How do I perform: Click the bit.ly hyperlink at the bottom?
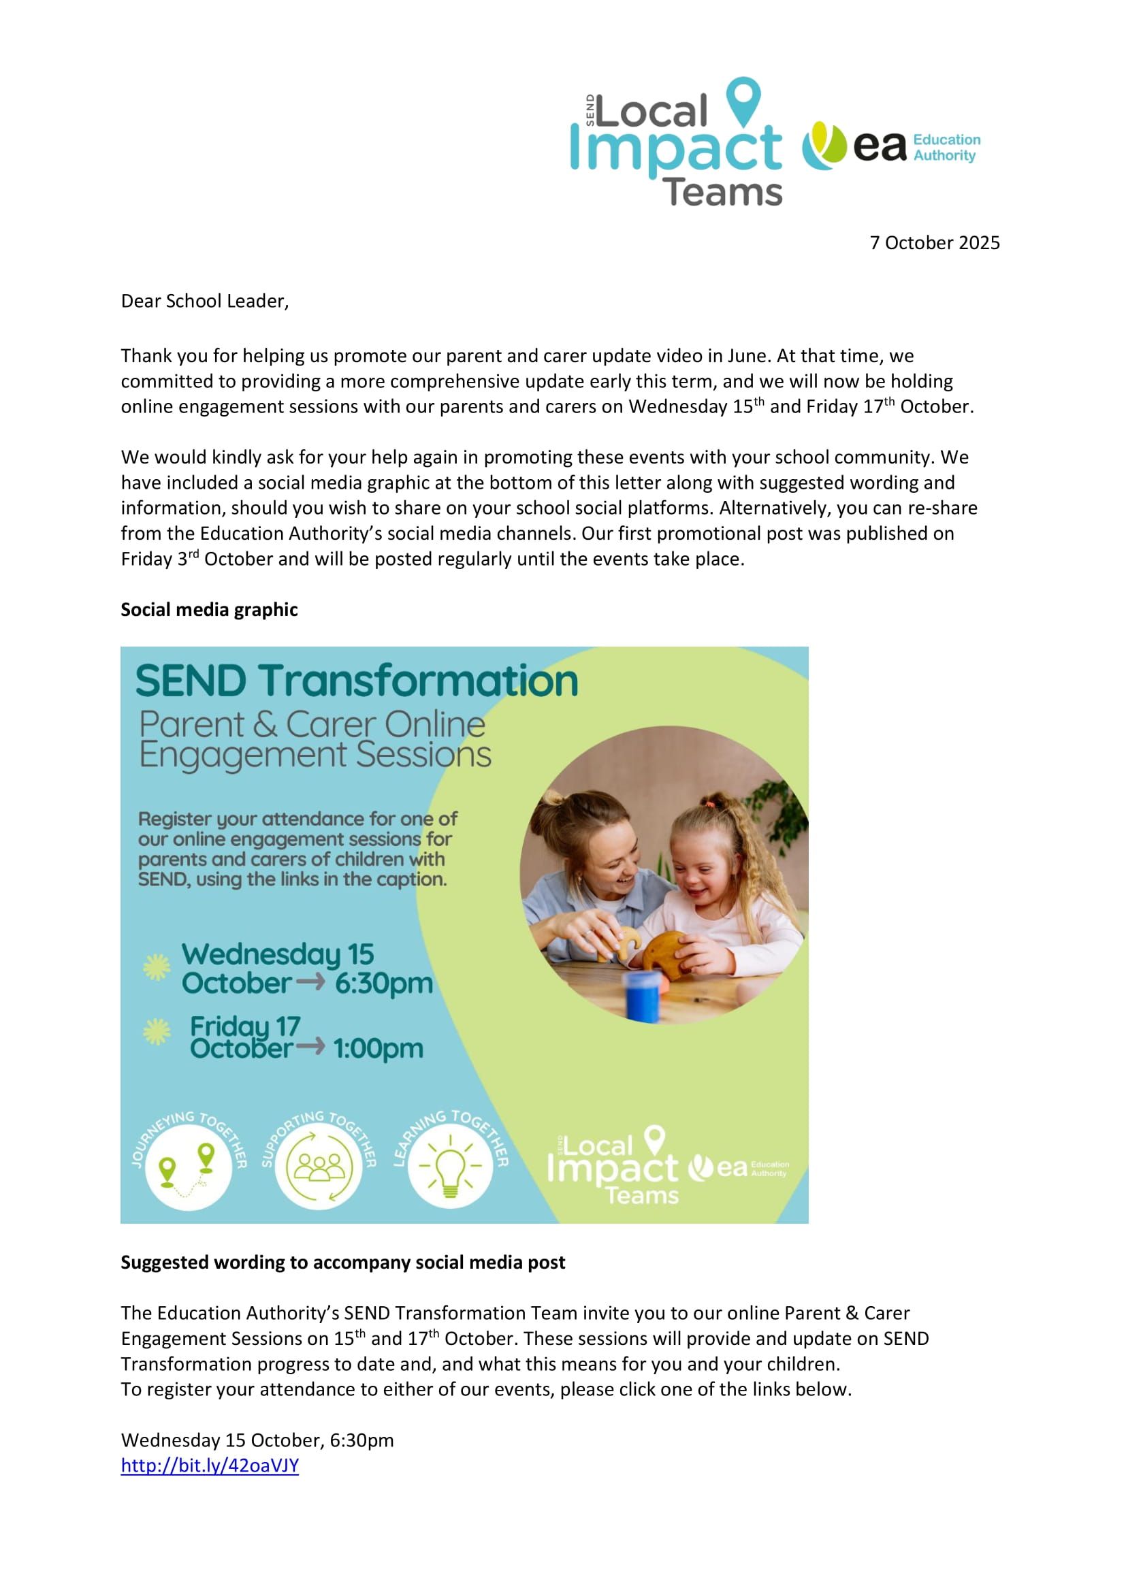210,1466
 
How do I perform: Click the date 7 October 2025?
934,243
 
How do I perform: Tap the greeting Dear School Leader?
204,301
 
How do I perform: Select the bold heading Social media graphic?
209,609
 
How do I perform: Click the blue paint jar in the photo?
643,996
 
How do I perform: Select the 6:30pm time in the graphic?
383,984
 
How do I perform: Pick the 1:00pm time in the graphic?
378,1048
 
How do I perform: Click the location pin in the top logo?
743,101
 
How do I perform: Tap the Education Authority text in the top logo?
946,148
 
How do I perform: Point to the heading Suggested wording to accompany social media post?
342,1262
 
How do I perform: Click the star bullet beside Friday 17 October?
157,1032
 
